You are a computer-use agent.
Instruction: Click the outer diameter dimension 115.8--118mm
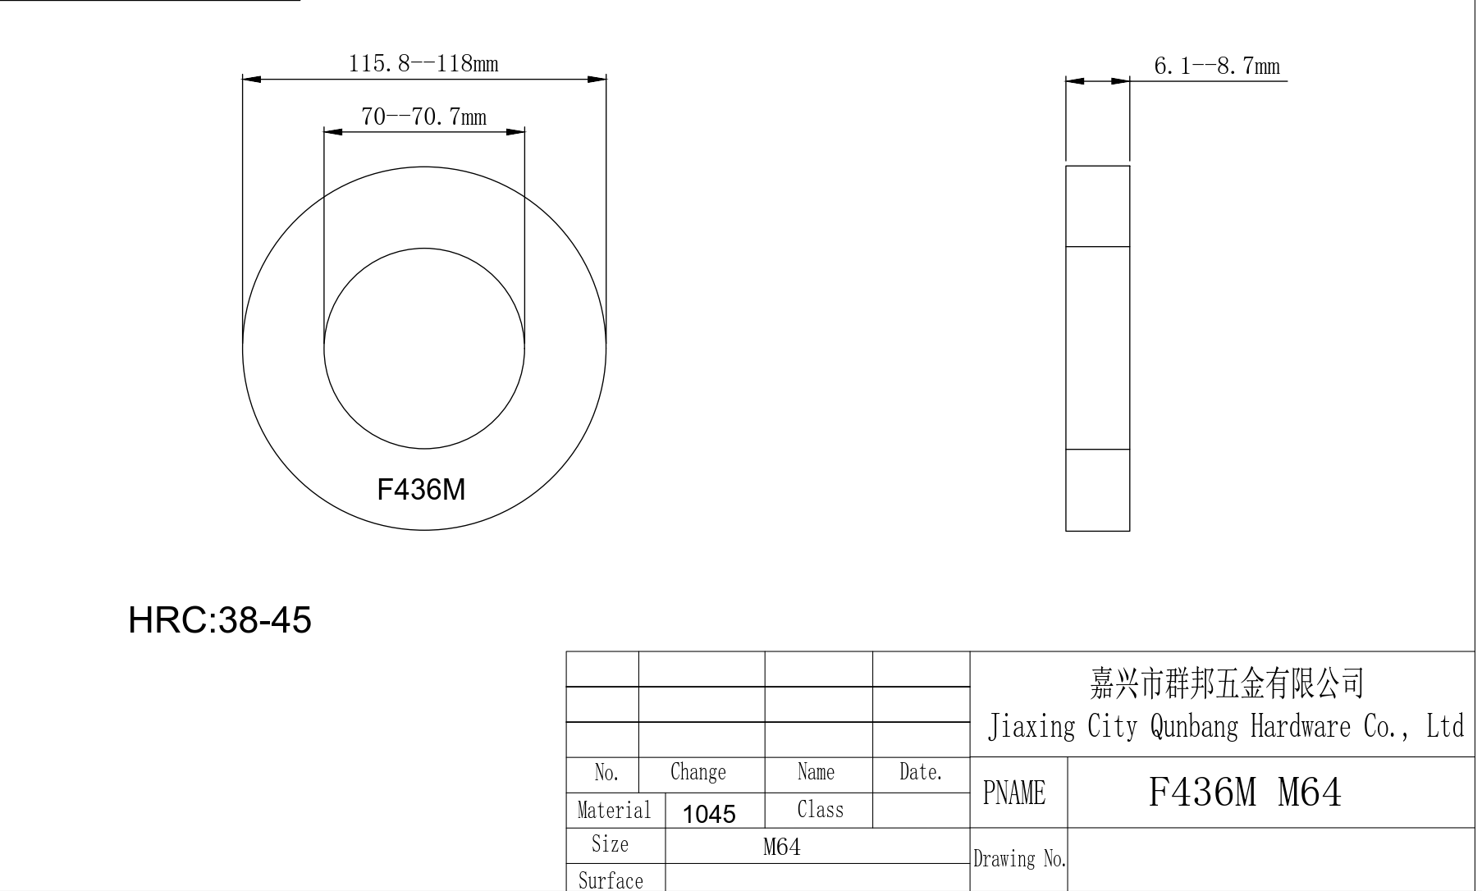click(423, 63)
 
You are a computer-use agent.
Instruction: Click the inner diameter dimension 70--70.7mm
click(423, 117)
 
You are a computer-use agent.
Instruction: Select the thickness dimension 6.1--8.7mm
click(1216, 66)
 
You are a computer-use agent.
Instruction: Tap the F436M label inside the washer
click(421, 490)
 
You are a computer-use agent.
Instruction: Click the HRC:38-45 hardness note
click(220, 619)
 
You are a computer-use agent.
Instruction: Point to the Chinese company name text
click(1226, 683)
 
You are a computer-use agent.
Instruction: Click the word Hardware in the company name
click(1300, 726)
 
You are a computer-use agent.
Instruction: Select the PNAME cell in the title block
click(1014, 793)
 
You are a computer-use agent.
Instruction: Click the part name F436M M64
click(1244, 793)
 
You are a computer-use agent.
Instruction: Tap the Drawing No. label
click(1019, 859)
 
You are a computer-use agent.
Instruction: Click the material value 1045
click(709, 814)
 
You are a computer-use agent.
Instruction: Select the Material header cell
click(614, 811)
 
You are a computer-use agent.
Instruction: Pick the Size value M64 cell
click(781, 847)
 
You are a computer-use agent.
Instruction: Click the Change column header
click(698, 772)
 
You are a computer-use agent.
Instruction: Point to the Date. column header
click(921, 772)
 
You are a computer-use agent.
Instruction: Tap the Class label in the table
click(820, 810)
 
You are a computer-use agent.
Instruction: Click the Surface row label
click(611, 880)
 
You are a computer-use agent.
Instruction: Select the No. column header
click(606, 772)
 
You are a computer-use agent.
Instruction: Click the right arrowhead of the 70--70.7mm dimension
click(515, 131)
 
